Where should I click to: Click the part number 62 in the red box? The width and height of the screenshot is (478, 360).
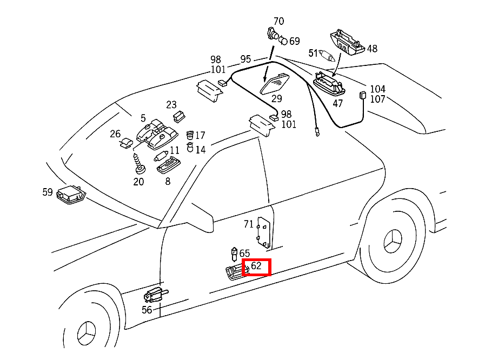256,266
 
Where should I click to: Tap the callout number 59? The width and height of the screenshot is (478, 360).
48,191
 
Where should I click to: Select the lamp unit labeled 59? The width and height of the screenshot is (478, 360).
71,195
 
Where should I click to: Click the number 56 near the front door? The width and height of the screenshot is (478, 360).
147,310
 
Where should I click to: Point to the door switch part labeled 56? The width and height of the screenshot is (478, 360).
155,295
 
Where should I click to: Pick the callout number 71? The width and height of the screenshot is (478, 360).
249,224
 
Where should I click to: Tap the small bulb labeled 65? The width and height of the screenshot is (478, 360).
234,252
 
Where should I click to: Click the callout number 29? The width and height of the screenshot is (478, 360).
277,99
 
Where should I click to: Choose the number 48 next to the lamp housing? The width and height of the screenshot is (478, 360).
372,49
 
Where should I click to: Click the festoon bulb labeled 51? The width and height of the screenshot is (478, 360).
329,54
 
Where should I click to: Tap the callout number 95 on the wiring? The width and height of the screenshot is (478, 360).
245,59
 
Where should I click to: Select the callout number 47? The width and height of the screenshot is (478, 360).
337,103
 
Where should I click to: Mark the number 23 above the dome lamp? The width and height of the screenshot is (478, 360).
171,104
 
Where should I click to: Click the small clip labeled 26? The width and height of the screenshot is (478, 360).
125,143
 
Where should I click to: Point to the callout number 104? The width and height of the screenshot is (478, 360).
377,89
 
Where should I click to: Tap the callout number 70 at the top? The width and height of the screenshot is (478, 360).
278,22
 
